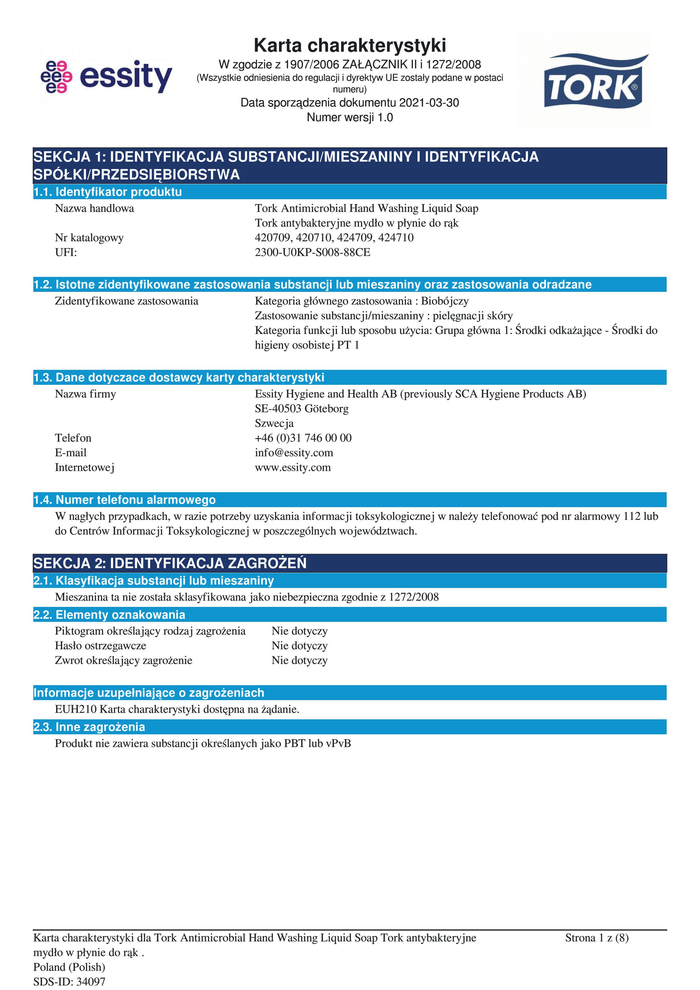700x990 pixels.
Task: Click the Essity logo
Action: coord(106,77)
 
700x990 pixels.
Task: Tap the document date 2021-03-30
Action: coord(429,103)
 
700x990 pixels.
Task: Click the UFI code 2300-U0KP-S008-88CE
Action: coord(313,252)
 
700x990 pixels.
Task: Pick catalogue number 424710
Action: coord(396,238)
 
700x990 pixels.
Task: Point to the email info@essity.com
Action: coord(294,453)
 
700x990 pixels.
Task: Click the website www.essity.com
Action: coord(293,467)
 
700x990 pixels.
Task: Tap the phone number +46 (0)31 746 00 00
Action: coord(303,438)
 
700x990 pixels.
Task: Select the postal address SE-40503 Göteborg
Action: coord(302,409)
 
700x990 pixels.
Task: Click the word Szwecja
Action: coord(274,424)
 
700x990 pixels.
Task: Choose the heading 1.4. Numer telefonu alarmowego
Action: coord(125,500)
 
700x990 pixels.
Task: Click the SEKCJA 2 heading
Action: coord(170,563)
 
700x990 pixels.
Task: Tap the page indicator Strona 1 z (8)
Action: coord(597,938)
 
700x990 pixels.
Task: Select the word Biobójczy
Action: coord(444,301)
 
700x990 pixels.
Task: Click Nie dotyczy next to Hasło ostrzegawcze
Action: coord(300,646)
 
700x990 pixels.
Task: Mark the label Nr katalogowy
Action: coord(89,238)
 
